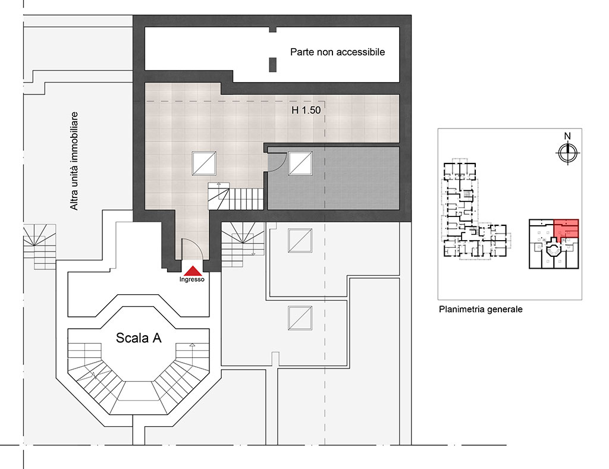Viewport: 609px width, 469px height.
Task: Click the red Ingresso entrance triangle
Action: [x=192, y=270]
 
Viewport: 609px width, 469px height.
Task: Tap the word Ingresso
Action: [x=192, y=279]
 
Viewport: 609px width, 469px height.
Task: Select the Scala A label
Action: [x=139, y=338]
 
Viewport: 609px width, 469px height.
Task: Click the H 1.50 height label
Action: [x=306, y=110]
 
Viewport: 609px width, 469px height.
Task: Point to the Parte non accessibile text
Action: [x=338, y=52]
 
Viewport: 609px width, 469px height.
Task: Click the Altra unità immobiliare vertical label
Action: [x=74, y=161]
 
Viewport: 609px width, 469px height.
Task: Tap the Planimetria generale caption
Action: [x=481, y=310]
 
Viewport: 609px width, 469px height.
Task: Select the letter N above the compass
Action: [x=567, y=136]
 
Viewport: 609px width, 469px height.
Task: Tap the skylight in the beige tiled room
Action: [x=204, y=163]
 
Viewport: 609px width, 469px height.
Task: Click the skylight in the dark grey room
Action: [x=300, y=163]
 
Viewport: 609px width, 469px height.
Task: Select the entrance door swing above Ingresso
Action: [x=193, y=248]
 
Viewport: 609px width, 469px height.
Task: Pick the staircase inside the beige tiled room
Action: [x=236, y=196]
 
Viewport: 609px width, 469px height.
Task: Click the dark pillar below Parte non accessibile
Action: [x=272, y=64]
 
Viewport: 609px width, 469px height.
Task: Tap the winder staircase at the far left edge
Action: [x=40, y=247]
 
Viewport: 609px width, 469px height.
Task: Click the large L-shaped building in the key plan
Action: [x=475, y=210]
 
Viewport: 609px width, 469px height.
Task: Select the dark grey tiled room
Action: [x=334, y=178]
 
